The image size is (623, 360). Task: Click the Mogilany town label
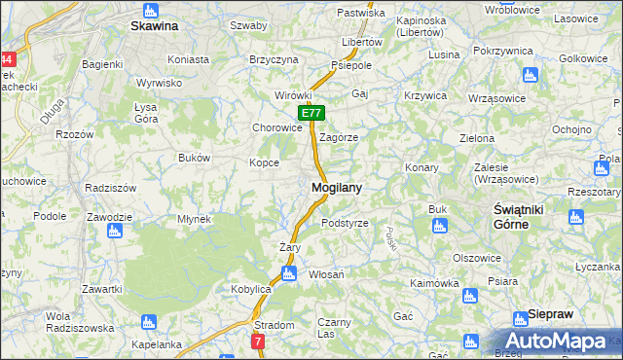(338, 187)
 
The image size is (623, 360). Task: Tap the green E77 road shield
(310, 114)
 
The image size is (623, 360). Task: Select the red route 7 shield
(257, 342)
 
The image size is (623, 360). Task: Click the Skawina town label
(154, 26)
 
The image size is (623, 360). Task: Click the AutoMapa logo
(560, 342)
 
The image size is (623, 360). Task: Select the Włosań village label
(327, 275)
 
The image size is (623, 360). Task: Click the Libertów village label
(361, 43)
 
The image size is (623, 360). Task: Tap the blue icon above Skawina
(150, 11)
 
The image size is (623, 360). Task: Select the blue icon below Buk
(437, 228)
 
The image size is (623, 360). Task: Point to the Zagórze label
(339, 137)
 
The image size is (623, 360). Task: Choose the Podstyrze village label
(345, 223)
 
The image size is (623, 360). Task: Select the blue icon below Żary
(288, 274)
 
